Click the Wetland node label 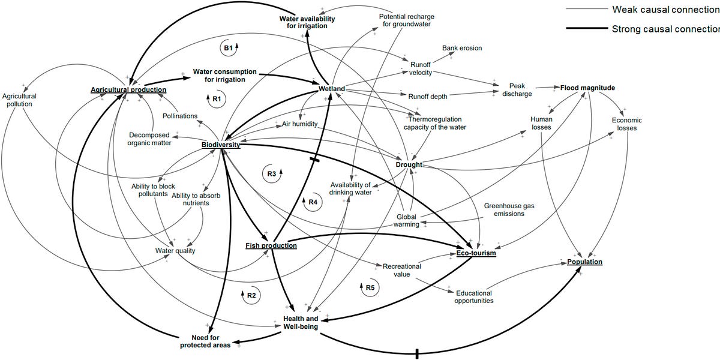(332, 89)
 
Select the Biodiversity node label (220, 145)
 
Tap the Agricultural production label (128, 90)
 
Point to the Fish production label (271, 245)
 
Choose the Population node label (584, 262)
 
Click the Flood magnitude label (587, 88)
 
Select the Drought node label (409, 165)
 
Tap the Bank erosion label (462, 48)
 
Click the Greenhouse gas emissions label (509, 209)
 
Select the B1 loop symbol (228, 47)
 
